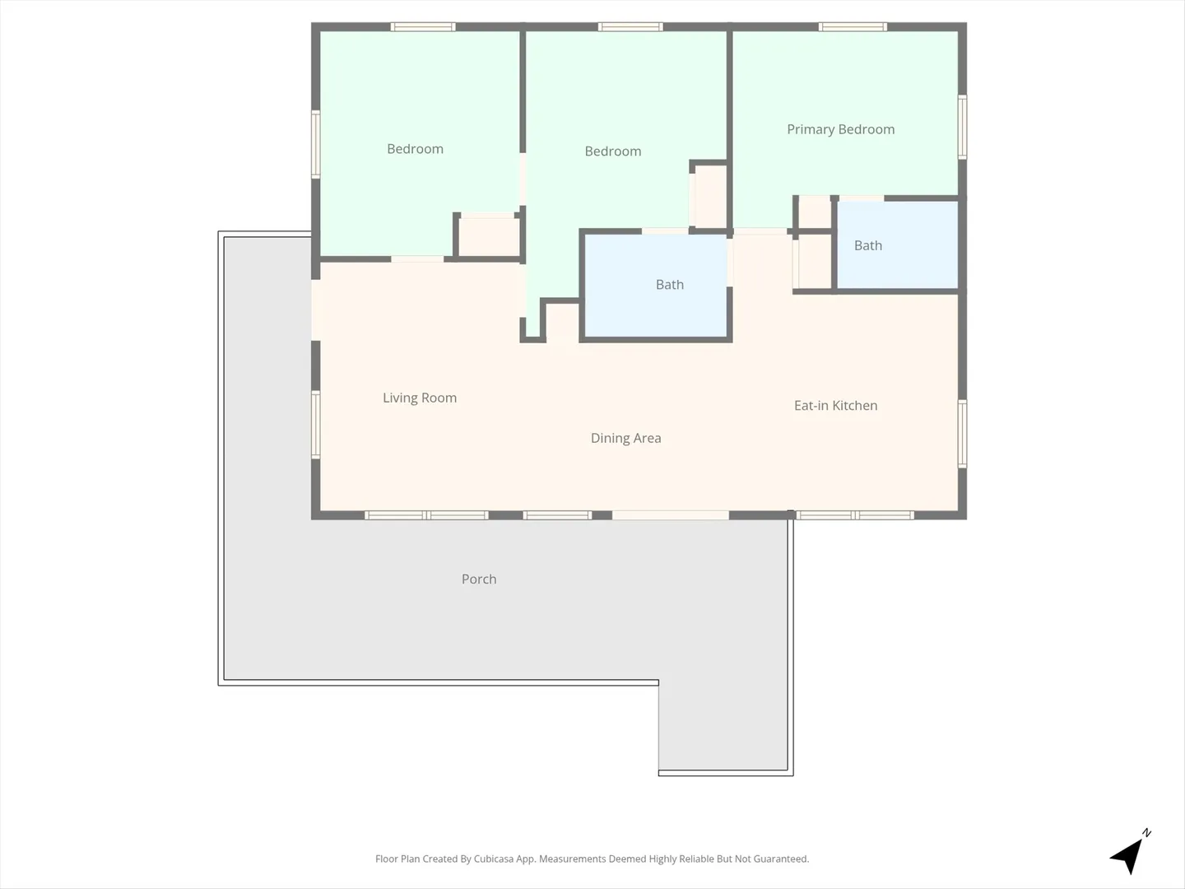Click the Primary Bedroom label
point(840,129)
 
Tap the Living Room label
point(420,398)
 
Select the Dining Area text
point(625,438)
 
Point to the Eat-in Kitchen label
point(836,405)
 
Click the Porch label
point(479,579)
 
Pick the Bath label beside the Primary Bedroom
point(868,245)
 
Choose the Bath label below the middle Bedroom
point(669,285)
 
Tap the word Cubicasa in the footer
point(494,859)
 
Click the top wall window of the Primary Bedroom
point(853,27)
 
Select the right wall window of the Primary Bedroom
point(962,127)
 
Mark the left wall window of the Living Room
point(316,425)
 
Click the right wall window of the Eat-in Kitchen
point(962,434)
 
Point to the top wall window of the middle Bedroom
point(630,27)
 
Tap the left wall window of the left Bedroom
point(316,144)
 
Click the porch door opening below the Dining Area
point(671,515)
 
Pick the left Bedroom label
point(415,149)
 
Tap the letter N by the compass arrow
point(1146,833)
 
